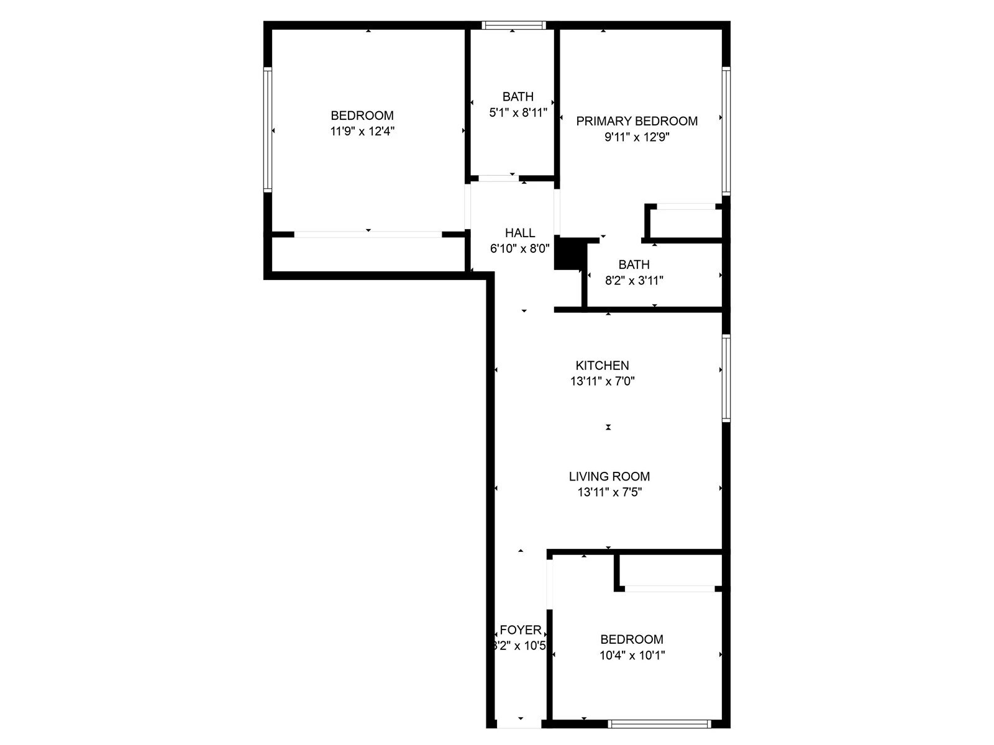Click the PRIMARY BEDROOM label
pos(637,121)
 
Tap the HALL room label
pos(520,233)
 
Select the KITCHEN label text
pos(602,366)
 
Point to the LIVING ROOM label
pos(609,476)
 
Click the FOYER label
pos(520,630)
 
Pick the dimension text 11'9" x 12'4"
pos(362,131)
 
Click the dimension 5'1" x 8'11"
pos(518,112)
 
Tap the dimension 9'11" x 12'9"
pos(636,137)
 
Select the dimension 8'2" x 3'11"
pos(634,281)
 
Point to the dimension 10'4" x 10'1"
pos(632,655)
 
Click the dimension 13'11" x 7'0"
pos(602,381)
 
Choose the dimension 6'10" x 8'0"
pos(520,249)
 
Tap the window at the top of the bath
pos(514,25)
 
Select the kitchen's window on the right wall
pos(726,378)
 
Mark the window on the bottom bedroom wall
pos(659,724)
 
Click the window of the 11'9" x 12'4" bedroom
pos(268,129)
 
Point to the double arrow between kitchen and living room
pos(608,427)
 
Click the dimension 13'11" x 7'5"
pos(609,492)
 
